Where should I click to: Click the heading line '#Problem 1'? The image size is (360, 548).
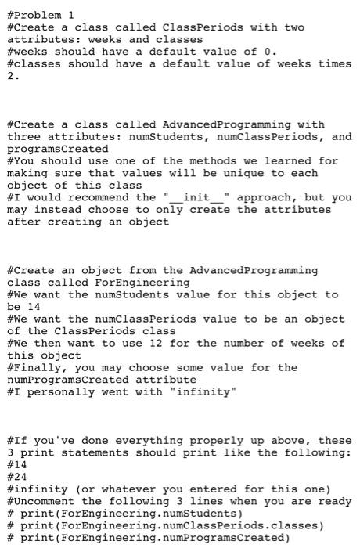point(40,15)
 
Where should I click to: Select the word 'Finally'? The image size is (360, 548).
point(39,367)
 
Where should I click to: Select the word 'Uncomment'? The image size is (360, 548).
point(43,501)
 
